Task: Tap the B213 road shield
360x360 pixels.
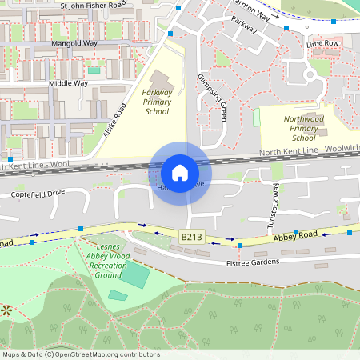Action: [x=191, y=237]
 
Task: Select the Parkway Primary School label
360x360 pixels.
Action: [x=157, y=102]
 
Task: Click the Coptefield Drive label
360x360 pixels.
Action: [x=38, y=194]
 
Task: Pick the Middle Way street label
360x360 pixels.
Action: [x=68, y=82]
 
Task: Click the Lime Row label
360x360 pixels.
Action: [x=323, y=42]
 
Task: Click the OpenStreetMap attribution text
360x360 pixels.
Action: [x=81, y=354]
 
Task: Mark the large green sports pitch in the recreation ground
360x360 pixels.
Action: [x=135, y=277]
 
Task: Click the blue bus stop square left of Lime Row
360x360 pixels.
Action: [x=286, y=29]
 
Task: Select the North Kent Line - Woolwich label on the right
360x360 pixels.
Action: [x=309, y=151]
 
